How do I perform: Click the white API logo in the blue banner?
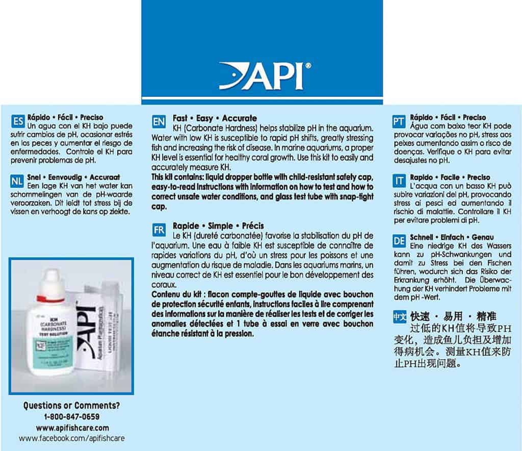pyautogui.click(x=262, y=76)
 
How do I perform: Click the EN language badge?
pyautogui.click(x=159, y=121)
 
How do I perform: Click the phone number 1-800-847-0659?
pyautogui.click(x=71, y=417)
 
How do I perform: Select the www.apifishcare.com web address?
pyautogui.click(x=71, y=428)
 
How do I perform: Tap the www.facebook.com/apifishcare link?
pyautogui.click(x=71, y=438)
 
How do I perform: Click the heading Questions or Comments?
pyautogui.click(x=71, y=406)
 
